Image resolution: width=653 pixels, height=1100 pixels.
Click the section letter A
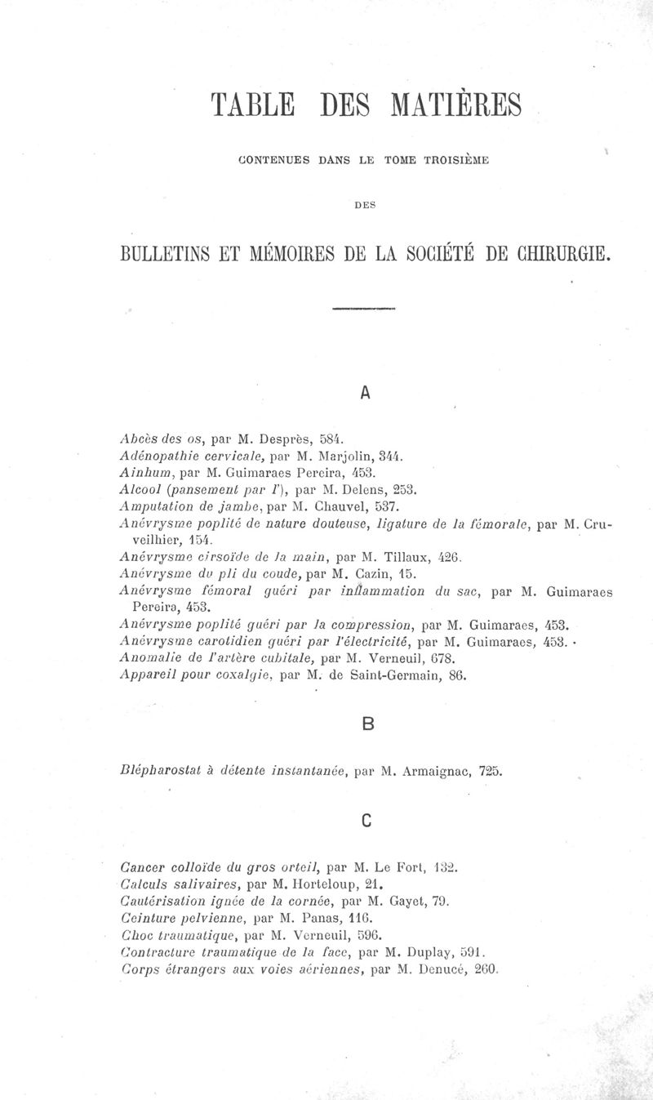(x=365, y=393)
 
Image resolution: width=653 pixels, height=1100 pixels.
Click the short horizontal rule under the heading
(x=364, y=310)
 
